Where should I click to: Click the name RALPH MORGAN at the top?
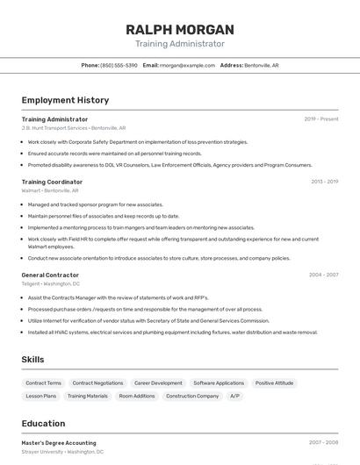coord(180,29)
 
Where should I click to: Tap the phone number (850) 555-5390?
coord(119,65)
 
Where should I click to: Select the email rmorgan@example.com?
coord(188,65)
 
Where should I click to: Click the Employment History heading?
coord(65,100)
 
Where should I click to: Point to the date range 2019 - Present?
coord(321,118)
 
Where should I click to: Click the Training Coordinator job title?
coord(52,182)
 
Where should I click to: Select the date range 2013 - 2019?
coord(324,182)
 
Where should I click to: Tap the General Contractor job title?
coord(50,275)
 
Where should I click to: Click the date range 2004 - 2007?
coord(323,275)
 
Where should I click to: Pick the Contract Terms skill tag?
coord(44,383)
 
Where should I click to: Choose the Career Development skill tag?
coord(158,383)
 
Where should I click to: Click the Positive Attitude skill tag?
coord(275,383)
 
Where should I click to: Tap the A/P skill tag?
coord(234,396)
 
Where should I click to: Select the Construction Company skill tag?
coord(192,396)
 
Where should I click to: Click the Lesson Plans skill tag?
coord(40,396)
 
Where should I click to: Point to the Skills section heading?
coord(32,360)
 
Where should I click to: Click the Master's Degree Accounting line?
coord(59,443)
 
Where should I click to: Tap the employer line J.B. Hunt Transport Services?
coord(54,128)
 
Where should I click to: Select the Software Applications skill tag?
coord(219,383)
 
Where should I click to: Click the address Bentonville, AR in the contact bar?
coord(262,65)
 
